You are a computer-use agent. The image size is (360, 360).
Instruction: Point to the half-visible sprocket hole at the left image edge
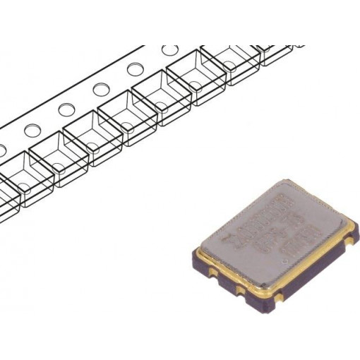2,150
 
